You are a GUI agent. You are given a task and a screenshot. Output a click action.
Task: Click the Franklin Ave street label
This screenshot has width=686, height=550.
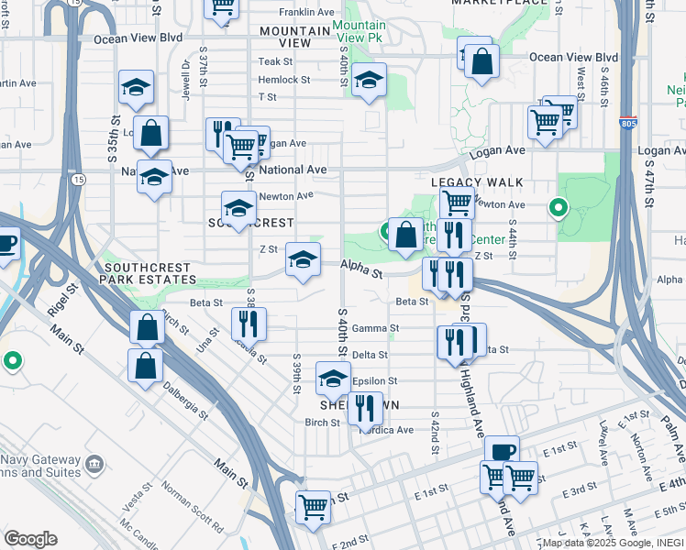pos(301,14)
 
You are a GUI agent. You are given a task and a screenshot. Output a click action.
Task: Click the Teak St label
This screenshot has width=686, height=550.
pos(274,61)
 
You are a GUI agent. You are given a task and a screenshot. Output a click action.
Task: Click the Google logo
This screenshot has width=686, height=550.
pos(30,539)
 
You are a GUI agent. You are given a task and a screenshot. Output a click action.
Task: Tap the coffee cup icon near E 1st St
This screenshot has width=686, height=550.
pos(503,450)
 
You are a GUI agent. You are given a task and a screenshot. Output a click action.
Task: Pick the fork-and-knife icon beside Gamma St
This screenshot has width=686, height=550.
pos(249,322)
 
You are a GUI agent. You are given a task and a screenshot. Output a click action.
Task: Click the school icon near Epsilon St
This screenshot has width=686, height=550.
pos(333,376)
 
